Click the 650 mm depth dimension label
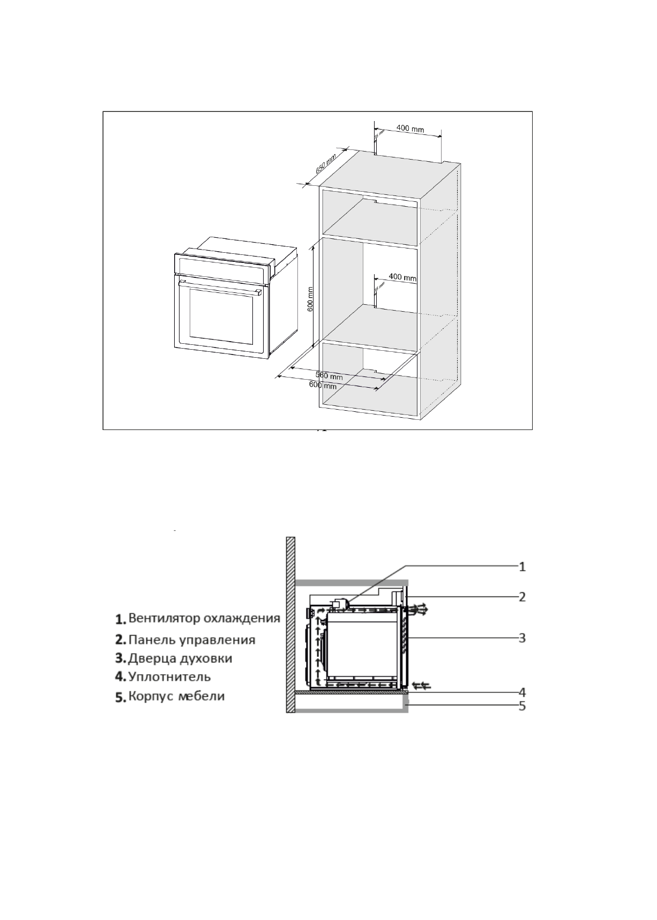point(325,164)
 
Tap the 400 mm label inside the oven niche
point(402,277)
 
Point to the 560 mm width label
point(329,376)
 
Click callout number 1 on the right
point(522,566)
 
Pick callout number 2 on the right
point(522,596)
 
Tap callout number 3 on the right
point(522,638)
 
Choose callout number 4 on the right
point(522,691)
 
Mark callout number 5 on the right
point(522,706)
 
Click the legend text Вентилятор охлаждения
point(204,618)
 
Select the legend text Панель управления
point(191,639)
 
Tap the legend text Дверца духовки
point(180,658)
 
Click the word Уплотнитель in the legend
point(169,676)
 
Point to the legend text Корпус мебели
point(176,696)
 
